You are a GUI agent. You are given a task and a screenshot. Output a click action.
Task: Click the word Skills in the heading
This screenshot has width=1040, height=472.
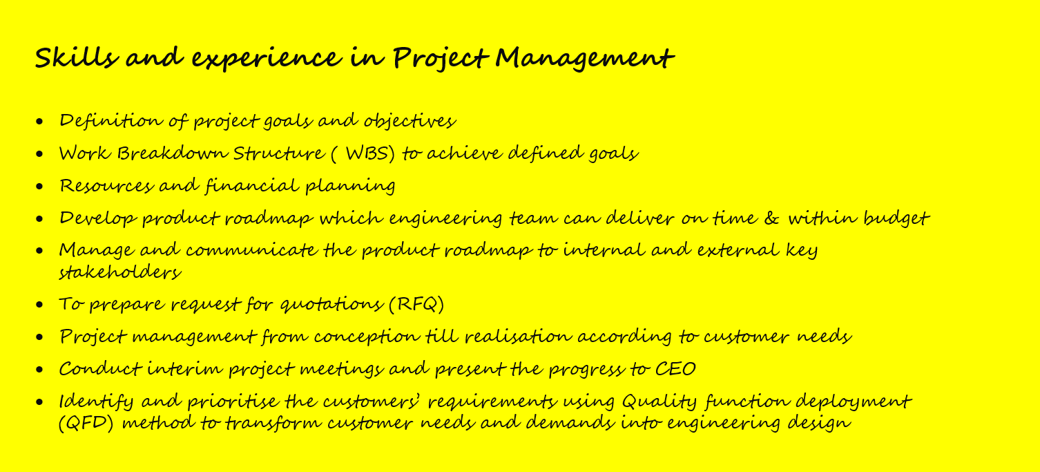tap(77, 57)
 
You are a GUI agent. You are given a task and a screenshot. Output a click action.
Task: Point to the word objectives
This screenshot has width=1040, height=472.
tap(410, 121)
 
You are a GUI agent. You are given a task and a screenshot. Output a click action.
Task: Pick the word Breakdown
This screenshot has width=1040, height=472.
tap(172, 153)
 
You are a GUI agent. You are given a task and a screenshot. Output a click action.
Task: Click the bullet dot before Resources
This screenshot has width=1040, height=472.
tap(39, 187)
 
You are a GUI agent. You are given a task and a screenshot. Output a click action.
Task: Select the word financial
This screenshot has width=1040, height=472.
tap(252, 186)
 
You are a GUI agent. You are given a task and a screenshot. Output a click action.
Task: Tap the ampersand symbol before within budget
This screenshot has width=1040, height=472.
tap(771, 218)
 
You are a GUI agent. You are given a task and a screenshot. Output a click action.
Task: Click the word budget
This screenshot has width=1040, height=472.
tap(896, 218)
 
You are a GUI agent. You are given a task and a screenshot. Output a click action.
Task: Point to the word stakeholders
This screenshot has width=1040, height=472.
tap(119, 272)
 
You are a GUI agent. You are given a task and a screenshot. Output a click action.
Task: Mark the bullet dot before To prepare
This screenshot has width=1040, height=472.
tap(39, 305)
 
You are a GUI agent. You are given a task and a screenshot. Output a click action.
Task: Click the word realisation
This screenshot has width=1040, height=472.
tap(518, 337)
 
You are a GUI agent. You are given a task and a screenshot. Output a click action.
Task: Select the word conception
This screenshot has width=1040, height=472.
tap(366, 337)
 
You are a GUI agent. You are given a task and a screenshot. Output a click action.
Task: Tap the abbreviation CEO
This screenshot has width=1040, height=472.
tap(675, 369)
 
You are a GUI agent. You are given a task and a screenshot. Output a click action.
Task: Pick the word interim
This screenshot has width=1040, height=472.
tap(185, 369)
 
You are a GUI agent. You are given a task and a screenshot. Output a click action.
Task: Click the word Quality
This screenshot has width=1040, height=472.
tap(659, 402)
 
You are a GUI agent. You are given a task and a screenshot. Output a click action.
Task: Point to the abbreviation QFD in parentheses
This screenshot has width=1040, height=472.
tap(86, 423)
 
